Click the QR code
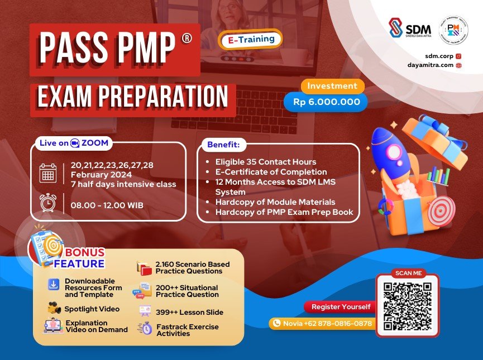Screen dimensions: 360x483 [x=408, y=307]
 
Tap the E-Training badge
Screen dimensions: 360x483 [x=251, y=39]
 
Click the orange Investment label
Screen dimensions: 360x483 [x=332, y=86]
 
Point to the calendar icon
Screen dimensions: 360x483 [x=48, y=173]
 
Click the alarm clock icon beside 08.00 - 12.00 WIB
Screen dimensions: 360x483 [x=48, y=203]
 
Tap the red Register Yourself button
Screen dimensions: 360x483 [x=341, y=307]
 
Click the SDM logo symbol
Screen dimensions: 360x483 [x=395, y=28]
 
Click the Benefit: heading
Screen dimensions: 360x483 [x=223, y=145]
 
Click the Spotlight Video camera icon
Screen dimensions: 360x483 [x=54, y=308]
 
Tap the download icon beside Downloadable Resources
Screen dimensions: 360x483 [x=53, y=285]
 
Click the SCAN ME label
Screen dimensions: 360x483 [x=408, y=273]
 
